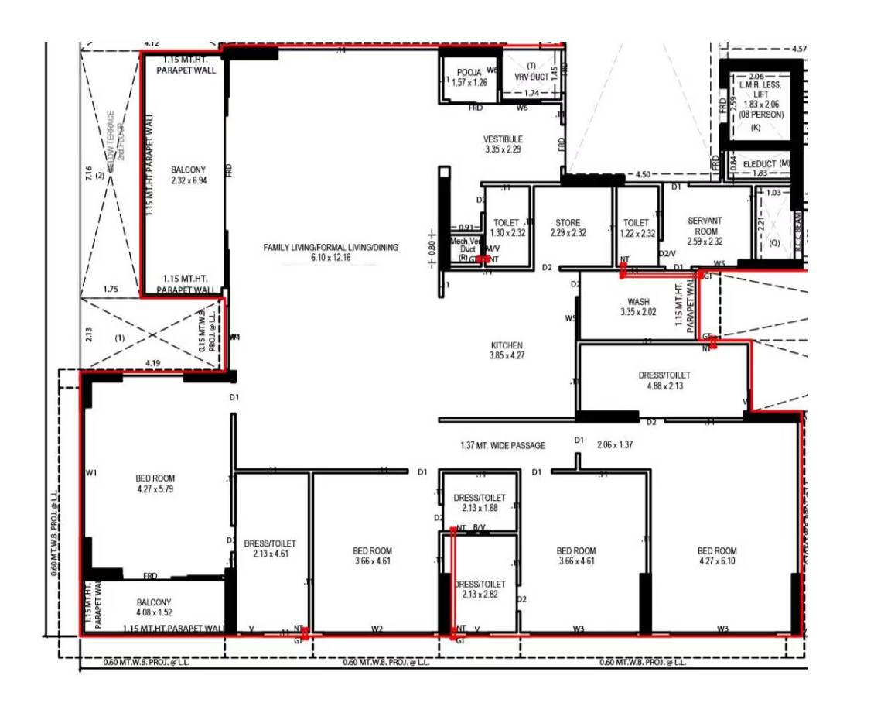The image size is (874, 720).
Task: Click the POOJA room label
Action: coord(469,77)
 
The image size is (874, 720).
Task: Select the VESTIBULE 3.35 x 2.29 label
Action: coord(504,144)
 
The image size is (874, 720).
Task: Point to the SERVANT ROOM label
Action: coord(705,226)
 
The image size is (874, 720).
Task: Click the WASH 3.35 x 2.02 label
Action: coord(638,307)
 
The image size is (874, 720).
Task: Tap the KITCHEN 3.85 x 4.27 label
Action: coord(507,350)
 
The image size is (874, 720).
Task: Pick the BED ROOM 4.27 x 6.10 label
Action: coord(717,556)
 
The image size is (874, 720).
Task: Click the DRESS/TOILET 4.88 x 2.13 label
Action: coord(664,380)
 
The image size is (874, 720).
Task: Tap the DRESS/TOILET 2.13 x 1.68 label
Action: coord(480,502)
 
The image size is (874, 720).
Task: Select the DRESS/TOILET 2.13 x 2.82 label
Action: coord(480,589)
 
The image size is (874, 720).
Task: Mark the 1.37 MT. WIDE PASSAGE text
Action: coord(503,446)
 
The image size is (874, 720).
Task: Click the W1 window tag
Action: coord(92,472)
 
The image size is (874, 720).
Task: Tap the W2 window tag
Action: coord(377,629)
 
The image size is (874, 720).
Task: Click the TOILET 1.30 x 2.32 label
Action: coord(507,228)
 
